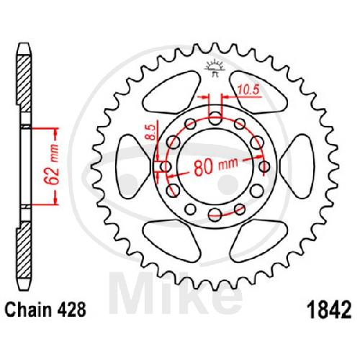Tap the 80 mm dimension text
(216, 166)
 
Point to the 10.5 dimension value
(248, 90)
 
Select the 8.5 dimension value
(151, 132)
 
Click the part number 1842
(330, 310)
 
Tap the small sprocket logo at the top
(215, 67)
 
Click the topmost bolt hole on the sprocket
(215, 119)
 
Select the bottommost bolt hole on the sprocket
(215, 215)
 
